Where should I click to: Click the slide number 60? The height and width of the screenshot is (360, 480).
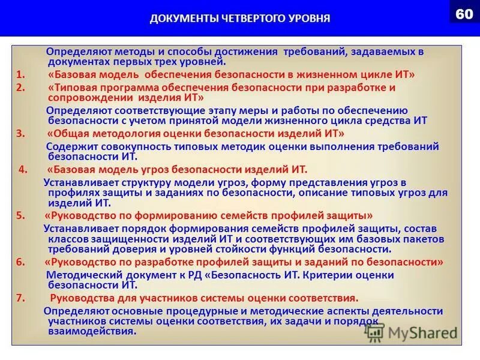click(464, 14)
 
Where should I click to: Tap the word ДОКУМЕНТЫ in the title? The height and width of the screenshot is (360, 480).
click(175, 19)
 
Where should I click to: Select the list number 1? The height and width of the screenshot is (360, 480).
click(20, 74)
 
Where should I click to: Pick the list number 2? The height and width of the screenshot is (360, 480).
click(20, 88)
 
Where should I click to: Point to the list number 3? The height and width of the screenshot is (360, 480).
click(20, 134)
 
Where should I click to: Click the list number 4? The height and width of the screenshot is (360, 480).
click(23, 169)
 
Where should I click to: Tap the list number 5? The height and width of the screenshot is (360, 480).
click(20, 215)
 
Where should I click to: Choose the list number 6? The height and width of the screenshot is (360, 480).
click(20, 262)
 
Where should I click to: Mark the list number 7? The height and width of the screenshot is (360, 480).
click(20, 298)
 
